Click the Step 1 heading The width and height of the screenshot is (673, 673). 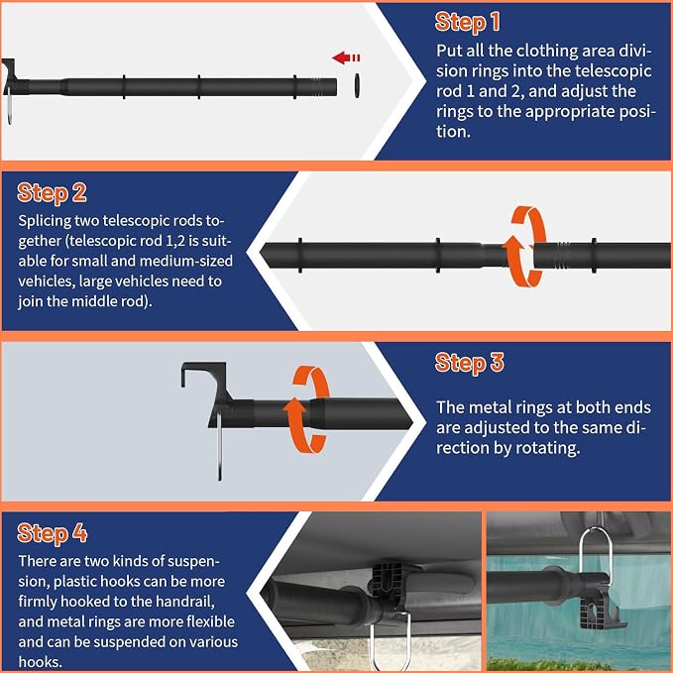click(x=468, y=22)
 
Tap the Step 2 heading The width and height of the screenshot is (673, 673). click(x=52, y=192)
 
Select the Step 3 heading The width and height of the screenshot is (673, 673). click(x=469, y=363)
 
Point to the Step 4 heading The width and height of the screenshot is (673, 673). click(x=52, y=533)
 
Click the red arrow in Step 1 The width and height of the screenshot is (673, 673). click(x=346, y=57)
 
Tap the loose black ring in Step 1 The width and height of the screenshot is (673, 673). click(x=357, y=85)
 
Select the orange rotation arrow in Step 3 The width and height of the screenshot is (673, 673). click(x=306, y=409)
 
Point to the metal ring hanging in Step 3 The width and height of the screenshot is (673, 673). click(x=219, y=446)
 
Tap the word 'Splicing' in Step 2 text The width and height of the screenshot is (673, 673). click(x=45, y=221)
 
